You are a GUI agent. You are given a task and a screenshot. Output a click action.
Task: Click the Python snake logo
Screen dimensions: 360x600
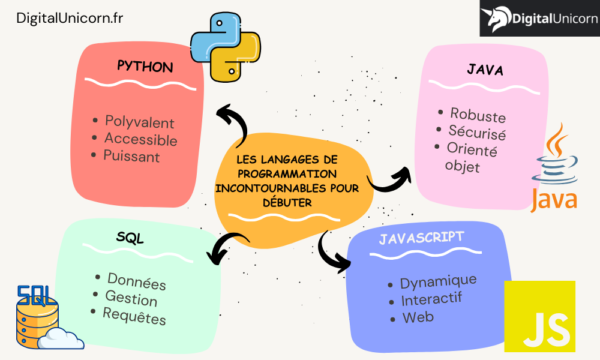tap(225, 47)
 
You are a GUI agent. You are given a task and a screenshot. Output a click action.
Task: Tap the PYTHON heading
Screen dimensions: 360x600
tap(145, 66)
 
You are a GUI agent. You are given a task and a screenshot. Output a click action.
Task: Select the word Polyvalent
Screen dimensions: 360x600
tap(139, 122)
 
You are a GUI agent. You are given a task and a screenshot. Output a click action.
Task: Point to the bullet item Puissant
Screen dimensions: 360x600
tap(131, 157)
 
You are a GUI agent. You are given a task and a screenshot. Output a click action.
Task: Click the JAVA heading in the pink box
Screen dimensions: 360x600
tap(485, 70)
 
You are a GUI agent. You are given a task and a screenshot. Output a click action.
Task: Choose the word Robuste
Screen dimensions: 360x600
tap(478, 115)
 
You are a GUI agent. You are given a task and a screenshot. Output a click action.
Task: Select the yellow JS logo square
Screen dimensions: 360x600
tap(539, 316)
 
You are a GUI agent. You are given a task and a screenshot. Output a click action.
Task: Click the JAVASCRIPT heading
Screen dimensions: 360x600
tap(421, 238)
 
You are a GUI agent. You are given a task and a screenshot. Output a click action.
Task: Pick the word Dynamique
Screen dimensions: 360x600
tap(438, 281)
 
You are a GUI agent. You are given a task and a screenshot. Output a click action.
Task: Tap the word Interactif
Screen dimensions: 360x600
tap(431, 299)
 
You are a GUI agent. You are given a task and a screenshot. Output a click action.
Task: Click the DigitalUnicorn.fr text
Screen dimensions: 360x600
tap(70, 19)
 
